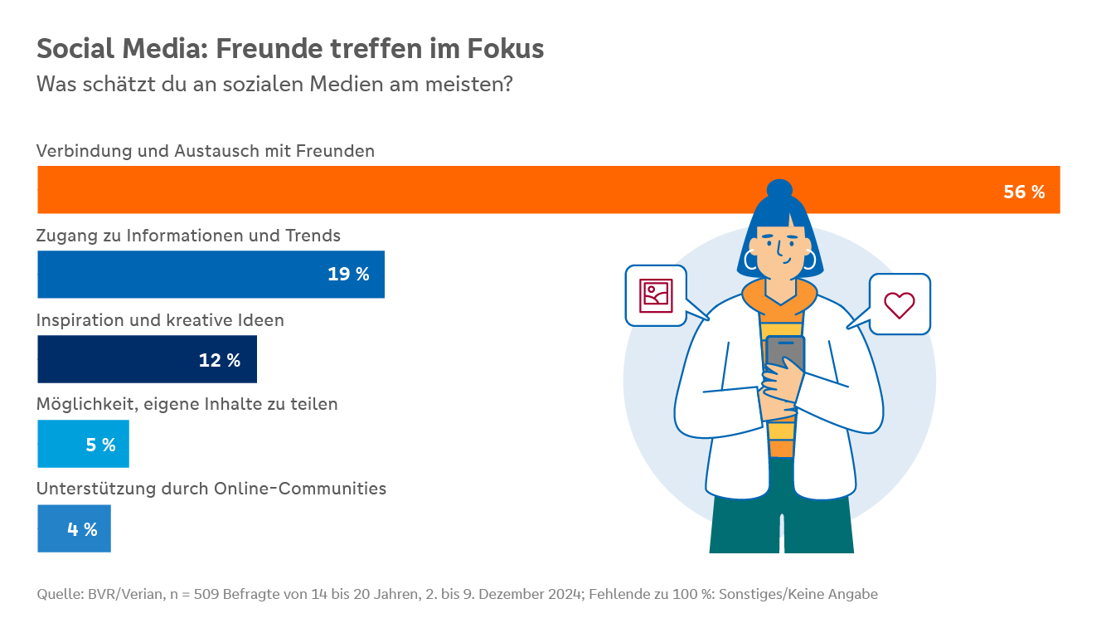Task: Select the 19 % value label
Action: click(348, 275)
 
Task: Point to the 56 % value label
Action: click(1024, 192)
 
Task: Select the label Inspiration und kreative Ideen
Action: click(160, 320)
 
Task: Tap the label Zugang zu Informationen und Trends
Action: click(188, 236)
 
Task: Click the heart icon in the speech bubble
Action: click(899, 304)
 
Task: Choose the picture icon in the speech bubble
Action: click(656, 295)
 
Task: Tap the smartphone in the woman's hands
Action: click(784, 353)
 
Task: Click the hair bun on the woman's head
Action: click(779, 189)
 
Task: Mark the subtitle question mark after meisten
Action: click(508, 85)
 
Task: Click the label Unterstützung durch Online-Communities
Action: click(211, 489)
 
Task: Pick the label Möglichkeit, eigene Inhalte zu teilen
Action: click(187, 405)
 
